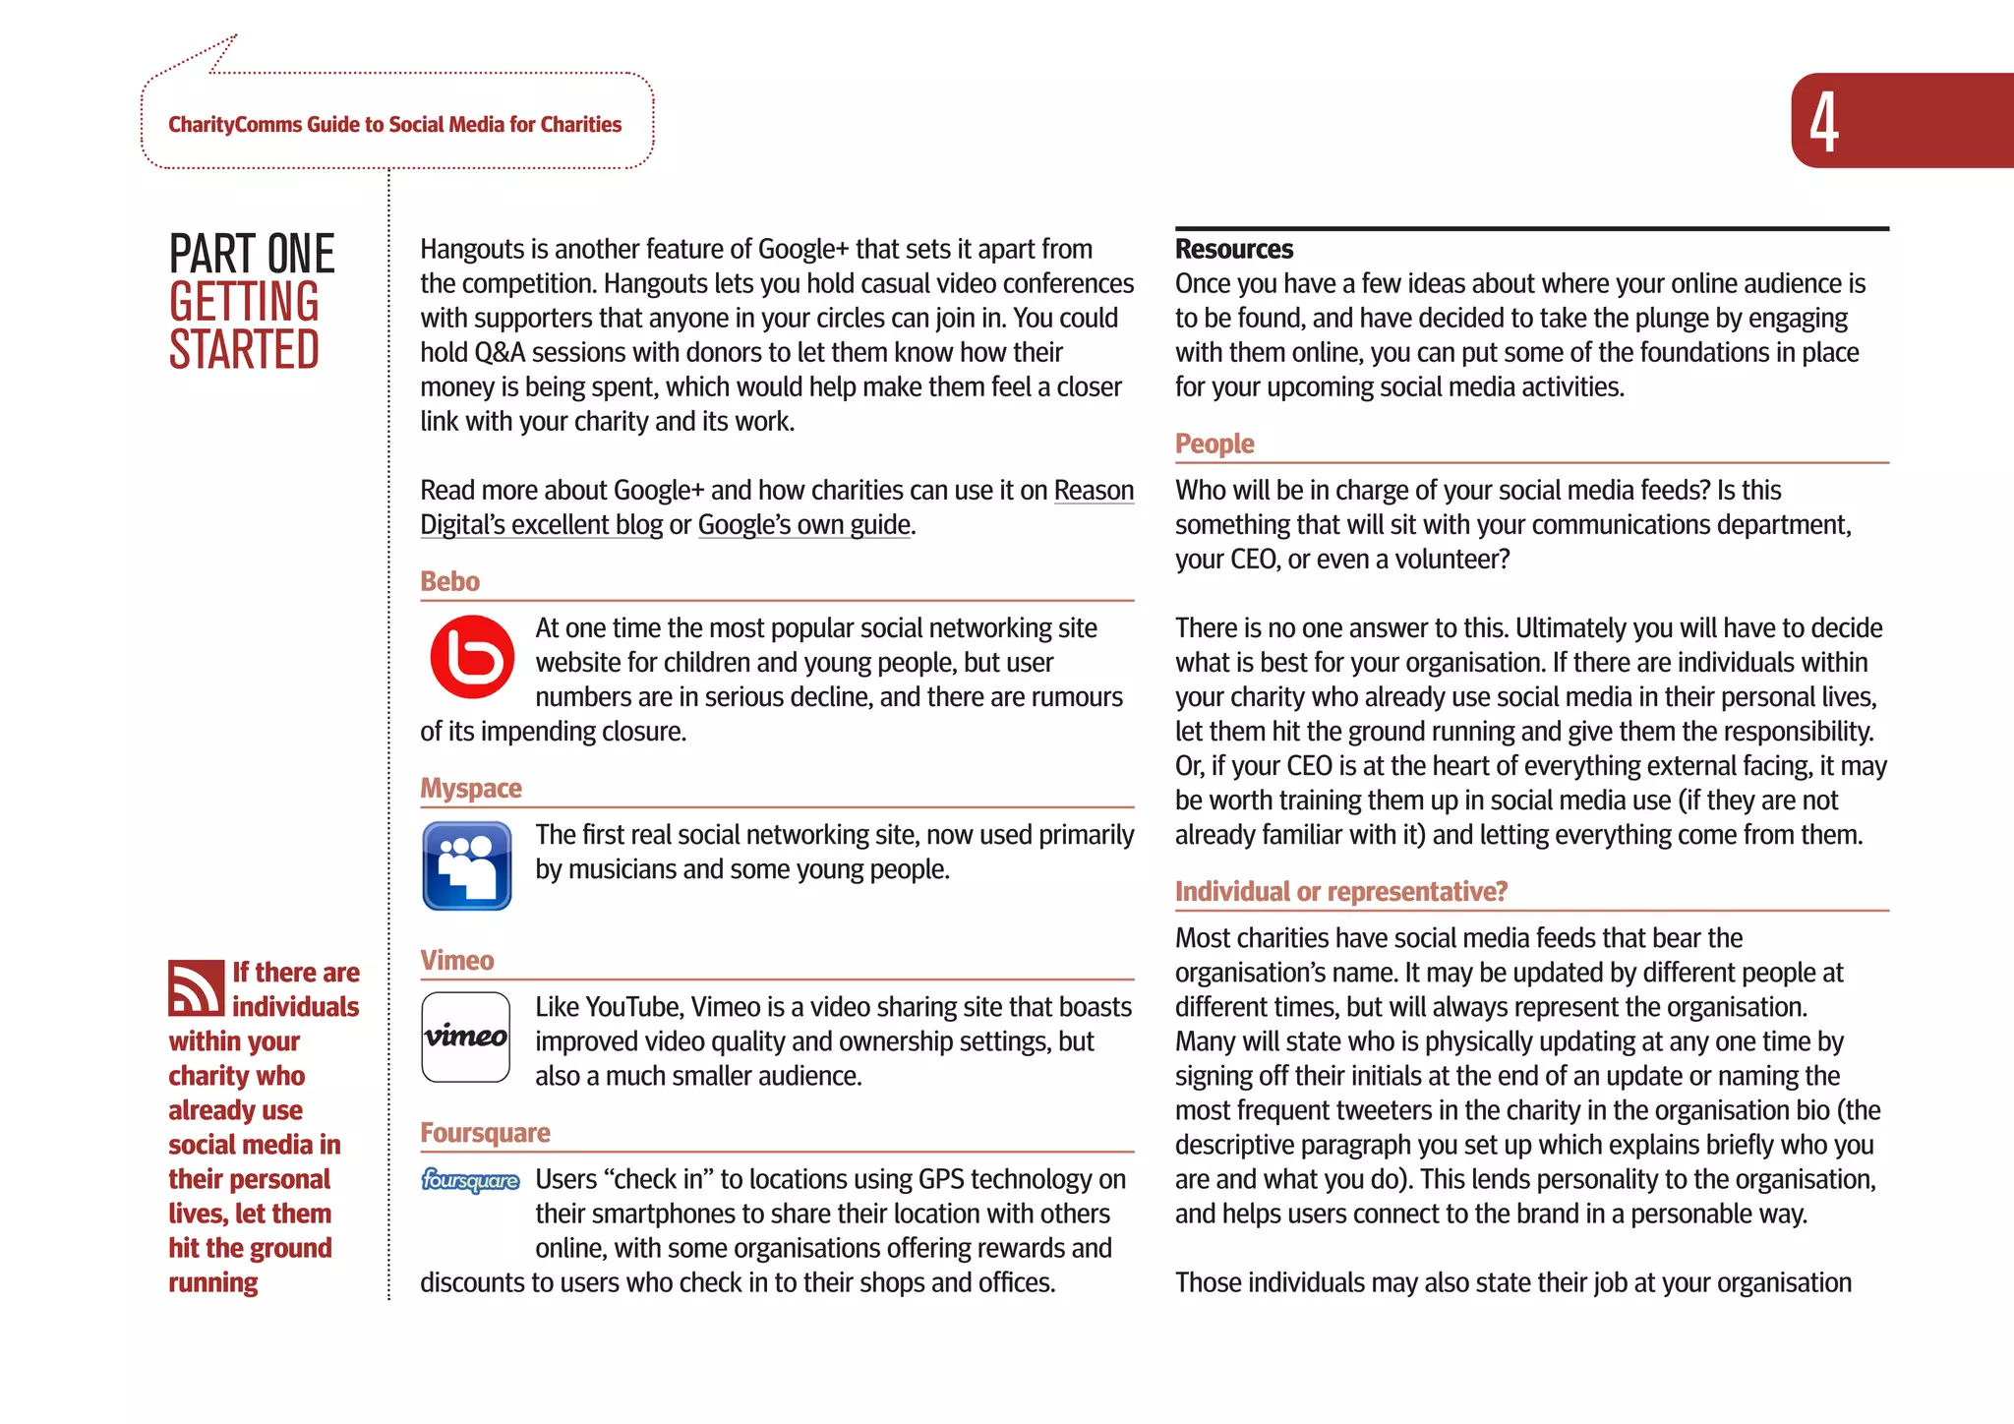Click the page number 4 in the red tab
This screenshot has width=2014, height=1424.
point(1824,122)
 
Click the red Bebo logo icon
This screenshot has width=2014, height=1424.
point(472,657)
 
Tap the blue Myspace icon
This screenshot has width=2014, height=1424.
point(466,865)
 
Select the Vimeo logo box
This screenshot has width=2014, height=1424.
point(466,1037)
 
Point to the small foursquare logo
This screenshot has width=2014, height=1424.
point(470,1180)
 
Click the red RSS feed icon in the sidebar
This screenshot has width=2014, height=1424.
point(196,987)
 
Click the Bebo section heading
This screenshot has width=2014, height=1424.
point(449,581)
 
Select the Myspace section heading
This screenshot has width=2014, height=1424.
point(470,789)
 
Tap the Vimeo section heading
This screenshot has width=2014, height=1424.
point(456,961)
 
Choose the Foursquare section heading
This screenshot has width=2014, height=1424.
point(485,1133)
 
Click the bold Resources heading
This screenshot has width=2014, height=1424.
point(1233,249)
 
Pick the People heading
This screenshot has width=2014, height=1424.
point(1214,444)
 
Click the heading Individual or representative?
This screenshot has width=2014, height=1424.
point(1340,892)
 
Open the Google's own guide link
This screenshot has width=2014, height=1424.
point(803,525)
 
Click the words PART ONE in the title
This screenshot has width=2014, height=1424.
point(252,254)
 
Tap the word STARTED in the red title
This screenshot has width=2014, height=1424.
point(244,350)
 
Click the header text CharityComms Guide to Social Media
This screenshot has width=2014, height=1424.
point(394,125)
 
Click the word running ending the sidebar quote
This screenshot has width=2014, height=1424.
point(212,1282)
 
